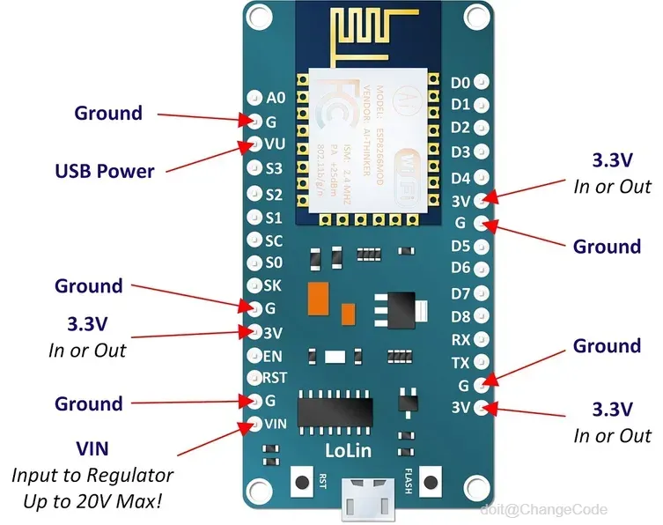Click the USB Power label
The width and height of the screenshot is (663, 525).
coord(105,171)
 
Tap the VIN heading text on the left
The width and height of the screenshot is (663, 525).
coord(92,449)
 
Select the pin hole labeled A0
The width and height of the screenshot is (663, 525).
coord(255,98)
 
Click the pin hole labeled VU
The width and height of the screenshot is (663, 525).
coord(255,144)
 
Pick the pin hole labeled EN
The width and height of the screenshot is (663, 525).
coord(255,357)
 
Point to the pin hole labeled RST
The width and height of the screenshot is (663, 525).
coord(255,379)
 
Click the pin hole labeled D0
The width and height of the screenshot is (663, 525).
coord(482,82)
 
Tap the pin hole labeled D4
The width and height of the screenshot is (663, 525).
coord(482,177)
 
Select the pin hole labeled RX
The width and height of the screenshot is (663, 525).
coord(482,339)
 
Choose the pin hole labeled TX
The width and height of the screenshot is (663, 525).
coord(482,362)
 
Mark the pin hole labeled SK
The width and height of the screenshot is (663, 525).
coord(255,285)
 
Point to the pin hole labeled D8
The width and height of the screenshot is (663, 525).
coord(482,316)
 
